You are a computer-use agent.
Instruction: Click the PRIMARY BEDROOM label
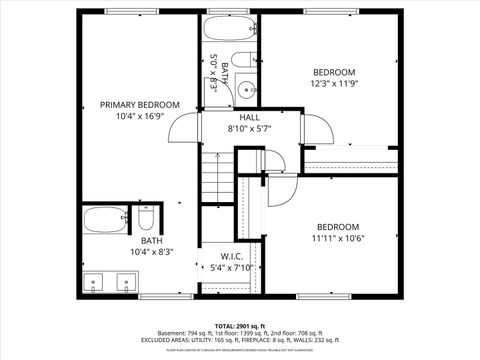coord(139,104)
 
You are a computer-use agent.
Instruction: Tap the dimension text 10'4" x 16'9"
coord(139,116)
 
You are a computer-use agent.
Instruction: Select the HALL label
coord(249,117)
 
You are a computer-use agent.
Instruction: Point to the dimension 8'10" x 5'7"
coord(249,129)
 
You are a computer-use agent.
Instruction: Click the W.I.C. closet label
coord(232,255)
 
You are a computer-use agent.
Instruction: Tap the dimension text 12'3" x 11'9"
coord(334,84)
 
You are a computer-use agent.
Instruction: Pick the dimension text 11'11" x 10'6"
coord(337,238)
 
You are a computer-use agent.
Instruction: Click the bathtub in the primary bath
coord(105,217)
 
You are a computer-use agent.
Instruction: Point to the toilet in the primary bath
coord(146,217)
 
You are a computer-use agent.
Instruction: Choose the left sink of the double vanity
coord(95,281)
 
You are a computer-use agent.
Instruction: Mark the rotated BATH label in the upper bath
coord(224,73)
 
